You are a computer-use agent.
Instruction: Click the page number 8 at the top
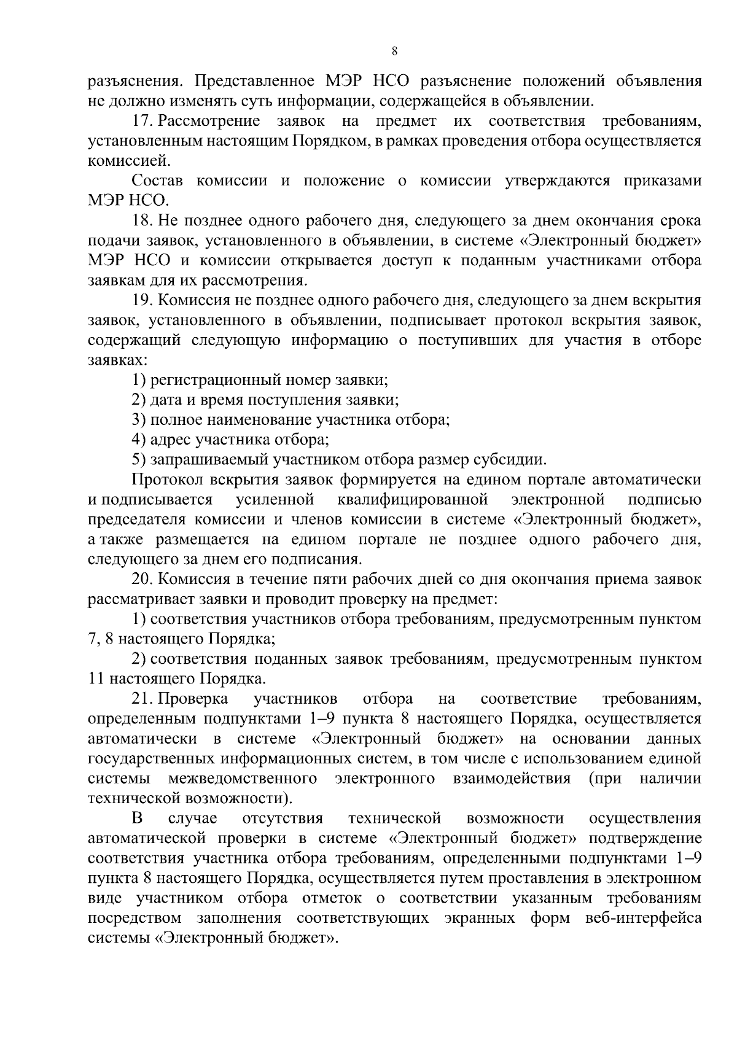[x=394, y=52]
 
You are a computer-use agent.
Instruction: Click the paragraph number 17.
[x=141, y=121]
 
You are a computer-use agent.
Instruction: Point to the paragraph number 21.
[x=142, y=699]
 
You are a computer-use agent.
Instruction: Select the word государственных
[x=143, y=759]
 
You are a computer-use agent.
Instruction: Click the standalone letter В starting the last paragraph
[x=138, y=818]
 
